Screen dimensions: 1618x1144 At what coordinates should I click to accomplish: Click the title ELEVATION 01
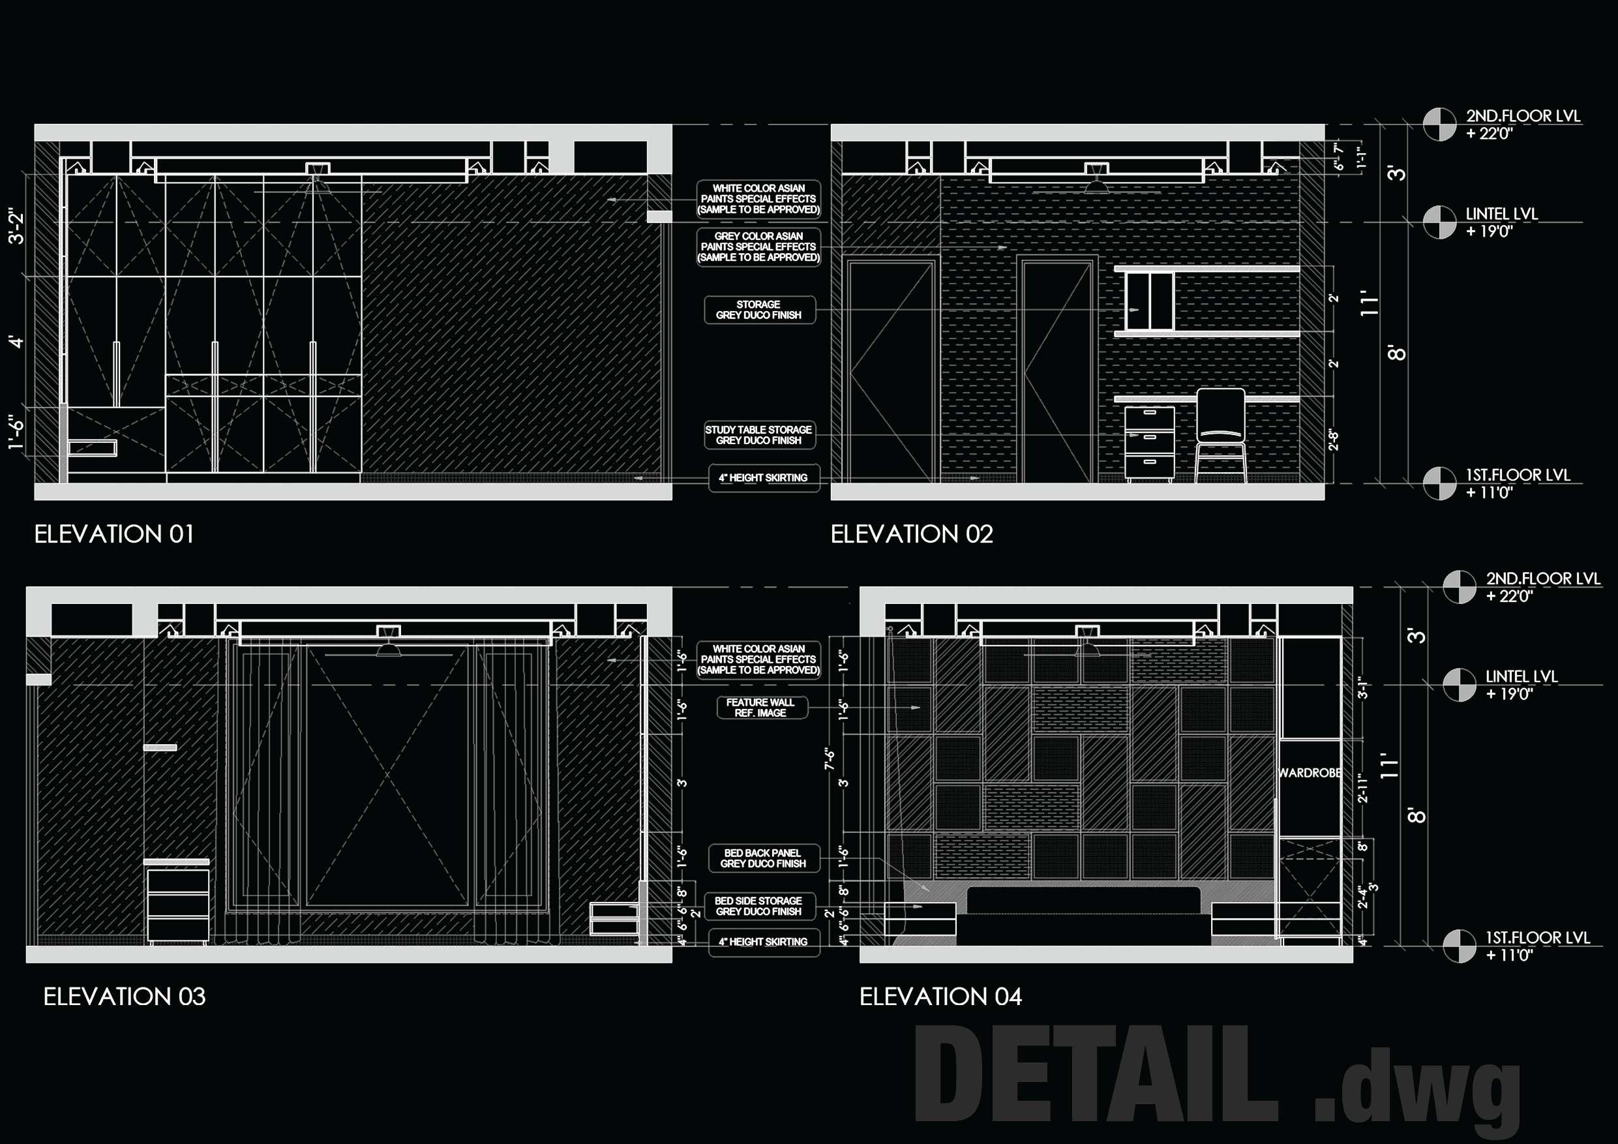[x=114, y=534]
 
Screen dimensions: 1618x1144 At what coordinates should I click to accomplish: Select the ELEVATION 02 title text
[x=912, y=534]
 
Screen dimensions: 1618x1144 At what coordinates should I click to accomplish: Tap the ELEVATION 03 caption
[x=124, y=997]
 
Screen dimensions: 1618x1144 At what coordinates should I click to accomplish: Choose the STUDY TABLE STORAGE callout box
[x=759, y=435]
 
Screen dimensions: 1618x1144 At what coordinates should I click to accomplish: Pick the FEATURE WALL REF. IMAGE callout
[x=760, y=708]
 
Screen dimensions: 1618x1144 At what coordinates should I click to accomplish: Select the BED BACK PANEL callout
[x=762, y=858]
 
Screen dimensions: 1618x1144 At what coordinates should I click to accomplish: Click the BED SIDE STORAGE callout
[x=759, y=907]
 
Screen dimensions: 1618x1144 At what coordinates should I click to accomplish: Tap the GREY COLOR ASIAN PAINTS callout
[x=759, y=247]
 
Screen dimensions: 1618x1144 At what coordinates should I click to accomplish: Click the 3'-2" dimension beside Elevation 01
[x=16, y=226]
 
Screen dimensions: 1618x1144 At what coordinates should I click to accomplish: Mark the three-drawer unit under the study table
[x=1149, y=444]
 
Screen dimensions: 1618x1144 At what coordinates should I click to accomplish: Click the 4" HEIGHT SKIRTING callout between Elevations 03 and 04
[x=763, y=942]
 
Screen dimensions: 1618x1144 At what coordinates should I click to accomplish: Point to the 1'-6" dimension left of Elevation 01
[x=16, y=432]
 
